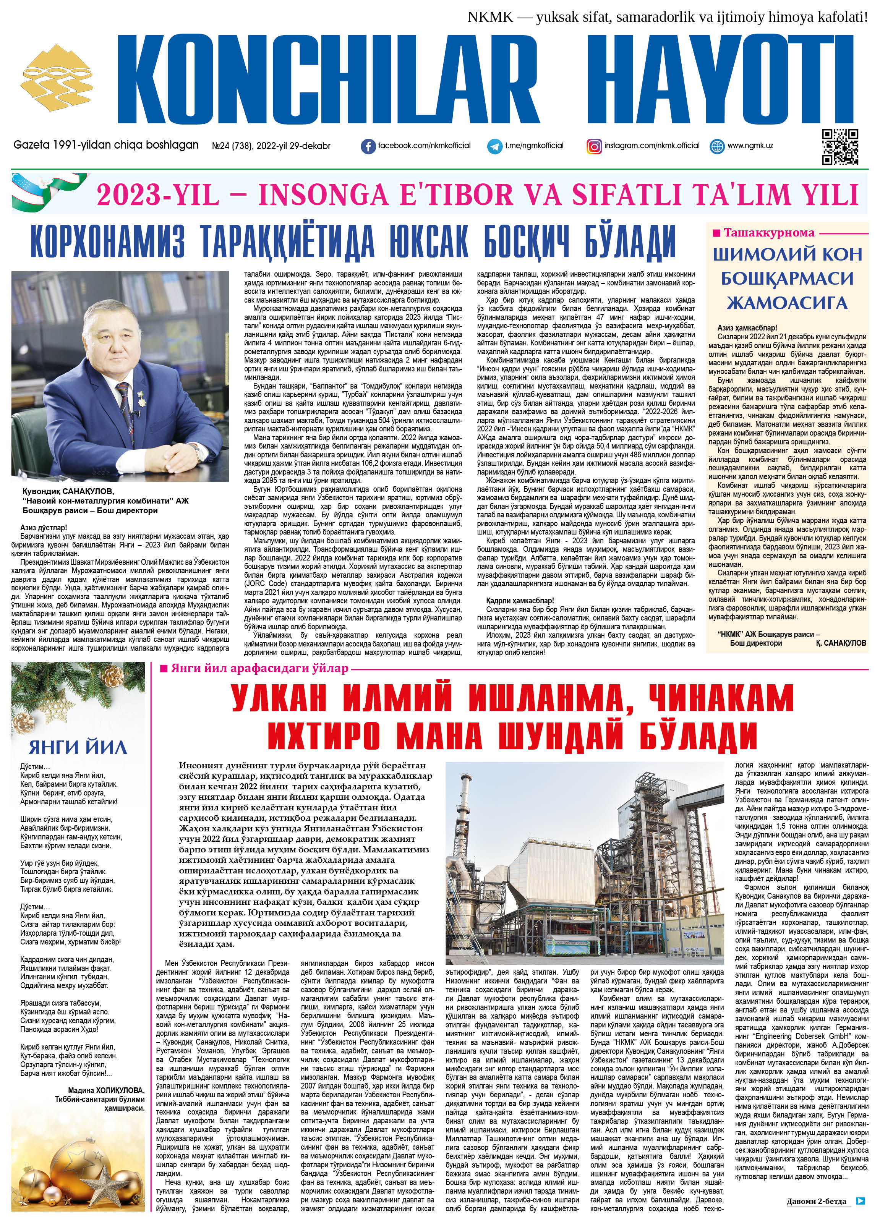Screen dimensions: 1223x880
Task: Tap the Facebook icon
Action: point(368,146)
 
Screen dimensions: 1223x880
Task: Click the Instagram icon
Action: point(594,146)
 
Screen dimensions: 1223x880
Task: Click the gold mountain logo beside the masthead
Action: point(57,76)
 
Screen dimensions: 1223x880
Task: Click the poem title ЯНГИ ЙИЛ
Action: point(78,747)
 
